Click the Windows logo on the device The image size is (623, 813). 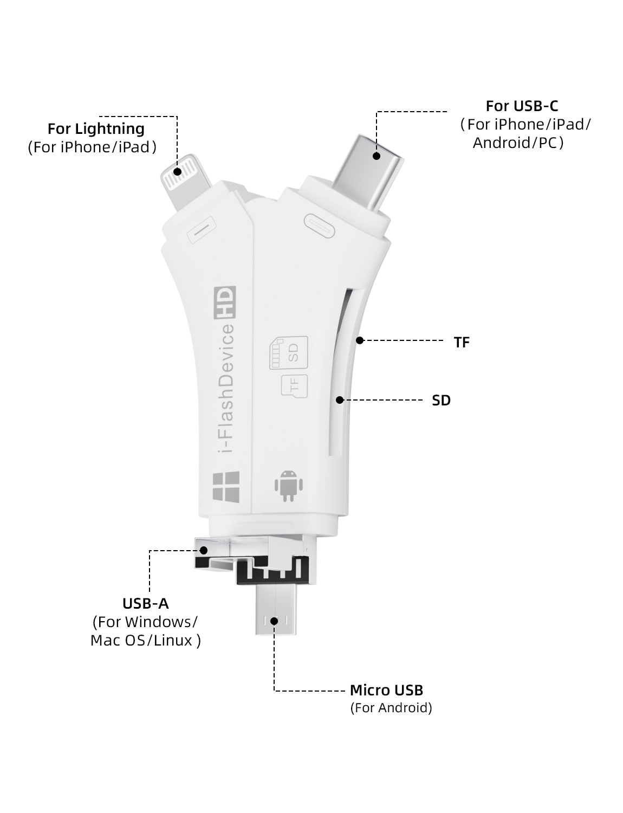225,486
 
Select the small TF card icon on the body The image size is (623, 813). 294,385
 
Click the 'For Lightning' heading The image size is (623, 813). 96,129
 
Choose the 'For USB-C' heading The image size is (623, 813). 522,106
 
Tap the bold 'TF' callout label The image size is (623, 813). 462,343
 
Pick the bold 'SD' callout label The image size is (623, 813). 441,401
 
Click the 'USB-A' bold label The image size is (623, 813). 145,603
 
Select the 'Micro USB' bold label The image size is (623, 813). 386,690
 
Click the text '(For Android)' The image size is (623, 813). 391,708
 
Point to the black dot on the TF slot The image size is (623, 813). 359,340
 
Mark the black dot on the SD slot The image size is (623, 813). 340,400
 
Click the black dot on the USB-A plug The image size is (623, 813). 204,550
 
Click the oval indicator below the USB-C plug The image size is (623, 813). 320,224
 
